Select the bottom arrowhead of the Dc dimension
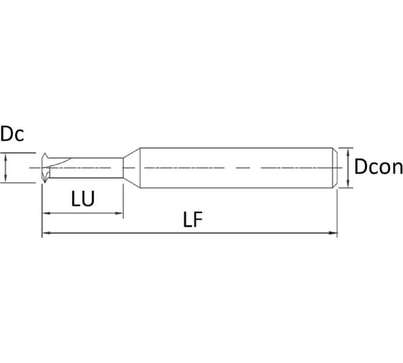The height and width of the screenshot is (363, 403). pos(5,180)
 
